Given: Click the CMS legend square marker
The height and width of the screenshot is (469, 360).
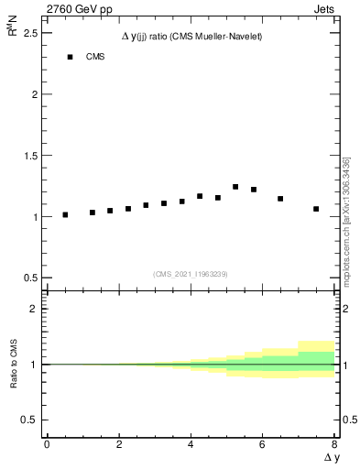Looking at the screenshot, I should [x=70, y=57].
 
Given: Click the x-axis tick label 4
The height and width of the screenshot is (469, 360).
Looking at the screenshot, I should [x=190, y=444].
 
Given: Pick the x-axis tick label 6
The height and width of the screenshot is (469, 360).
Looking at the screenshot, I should [x=262, y=444].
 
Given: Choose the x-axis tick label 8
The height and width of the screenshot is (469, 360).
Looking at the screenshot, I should [x=333, y=444].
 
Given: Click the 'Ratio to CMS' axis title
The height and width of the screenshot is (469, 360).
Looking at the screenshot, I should [x=15, y=365].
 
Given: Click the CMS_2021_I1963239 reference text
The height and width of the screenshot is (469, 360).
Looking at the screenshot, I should [x=191, y=274].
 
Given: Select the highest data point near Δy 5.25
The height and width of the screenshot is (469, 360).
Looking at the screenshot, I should [x=235, y=187].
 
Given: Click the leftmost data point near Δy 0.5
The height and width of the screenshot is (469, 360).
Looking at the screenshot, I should [x=65, y=215].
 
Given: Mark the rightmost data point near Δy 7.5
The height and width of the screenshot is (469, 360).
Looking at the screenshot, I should [x=316, y=209].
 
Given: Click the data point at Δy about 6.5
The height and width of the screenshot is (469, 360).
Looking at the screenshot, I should [x=280, y=199].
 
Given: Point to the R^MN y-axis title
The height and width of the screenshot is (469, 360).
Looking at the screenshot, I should [x=13, y=33].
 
